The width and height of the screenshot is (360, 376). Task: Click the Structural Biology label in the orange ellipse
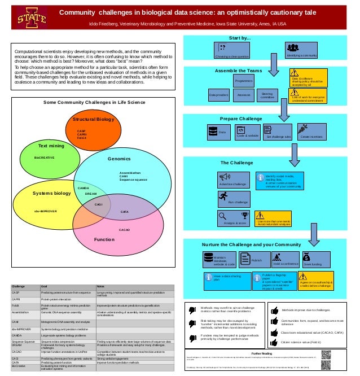point(93,119)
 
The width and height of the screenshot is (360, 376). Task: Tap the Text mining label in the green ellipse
point(51,146)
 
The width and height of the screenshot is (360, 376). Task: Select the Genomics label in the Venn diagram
point(119,159)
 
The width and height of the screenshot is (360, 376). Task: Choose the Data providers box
point(219,95)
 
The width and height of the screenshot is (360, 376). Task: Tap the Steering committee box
point(267,95)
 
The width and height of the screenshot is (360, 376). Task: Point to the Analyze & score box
point(235,218)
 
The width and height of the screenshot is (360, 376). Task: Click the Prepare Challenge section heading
point(241,119)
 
